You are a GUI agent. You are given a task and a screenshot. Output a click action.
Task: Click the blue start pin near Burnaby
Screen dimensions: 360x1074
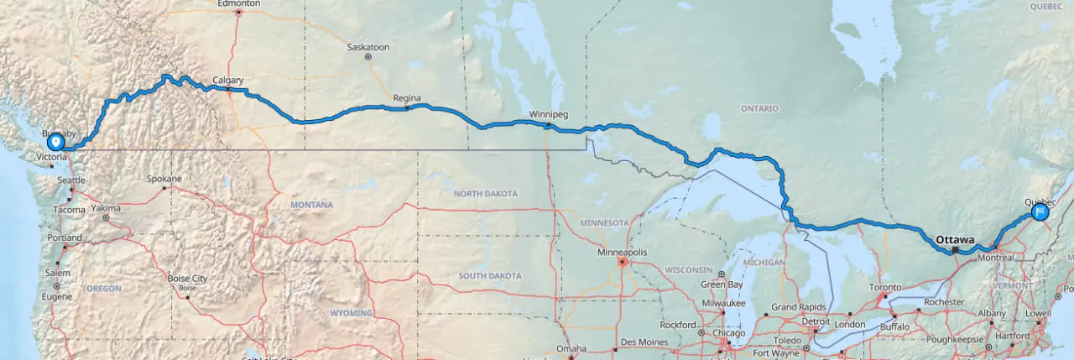[x=55, y=143]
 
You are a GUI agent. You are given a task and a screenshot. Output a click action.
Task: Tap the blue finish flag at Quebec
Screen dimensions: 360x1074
[x=1040, y=212]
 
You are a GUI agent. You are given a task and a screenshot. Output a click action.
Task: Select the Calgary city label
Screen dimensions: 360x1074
[x=227, y=81]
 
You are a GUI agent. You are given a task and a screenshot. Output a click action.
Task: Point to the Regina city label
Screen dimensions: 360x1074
[x=407, y=98]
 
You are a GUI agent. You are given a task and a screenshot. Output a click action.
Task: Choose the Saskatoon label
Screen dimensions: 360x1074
[x=368, y=48]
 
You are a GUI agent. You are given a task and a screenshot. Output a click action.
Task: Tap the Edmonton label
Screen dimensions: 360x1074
[x=239, y=4]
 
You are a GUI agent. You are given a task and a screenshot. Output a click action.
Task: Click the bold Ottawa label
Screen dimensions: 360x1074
[x=955, y=239]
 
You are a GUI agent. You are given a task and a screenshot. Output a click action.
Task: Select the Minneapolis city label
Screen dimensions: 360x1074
[x=622, y=252]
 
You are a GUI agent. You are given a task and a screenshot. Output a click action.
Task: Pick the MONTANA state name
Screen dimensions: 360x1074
[x=311, y=205]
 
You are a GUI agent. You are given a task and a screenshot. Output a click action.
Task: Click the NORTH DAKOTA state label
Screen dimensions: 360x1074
[x=486, y=194]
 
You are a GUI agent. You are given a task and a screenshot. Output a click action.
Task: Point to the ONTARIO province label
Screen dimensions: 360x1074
[x=759, y=108]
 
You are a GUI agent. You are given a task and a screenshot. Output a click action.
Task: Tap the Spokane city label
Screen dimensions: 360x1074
[x=164, y=179]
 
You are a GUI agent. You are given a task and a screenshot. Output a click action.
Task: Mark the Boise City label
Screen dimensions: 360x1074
[x=187, y=279]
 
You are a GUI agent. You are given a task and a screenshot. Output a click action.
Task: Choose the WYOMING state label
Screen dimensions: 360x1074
[x=351, y=313]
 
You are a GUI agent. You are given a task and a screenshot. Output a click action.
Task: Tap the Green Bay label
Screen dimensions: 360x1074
[x=722, y=284]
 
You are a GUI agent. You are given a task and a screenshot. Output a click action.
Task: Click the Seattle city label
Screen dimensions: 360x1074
[x=71, y=180]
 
